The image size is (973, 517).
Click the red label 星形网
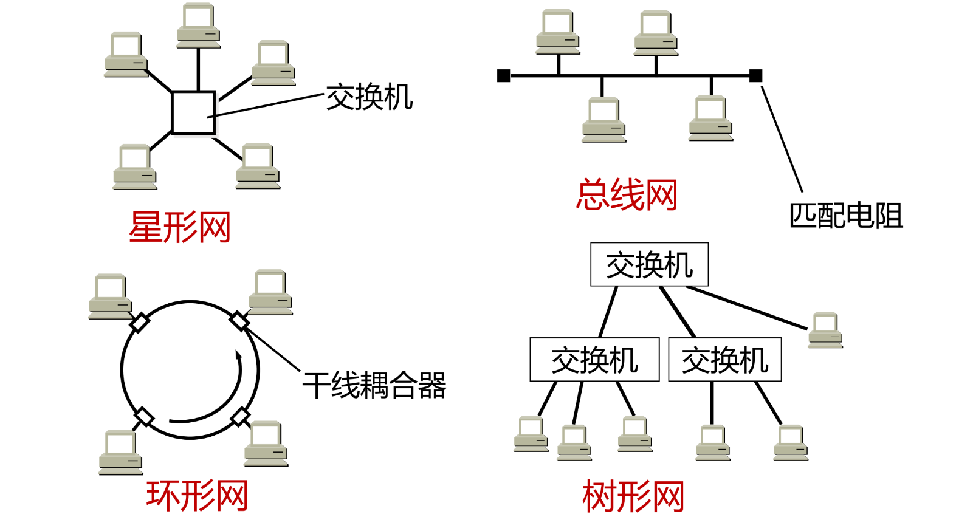tap(180, 227)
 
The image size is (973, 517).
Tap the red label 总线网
tap(627, 195)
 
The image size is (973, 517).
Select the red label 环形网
tap(197, 495)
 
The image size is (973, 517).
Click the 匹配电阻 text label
tap(846, 216)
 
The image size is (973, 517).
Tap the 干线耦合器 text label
tap(374, 385)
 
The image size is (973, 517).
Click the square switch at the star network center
tap(193, 112)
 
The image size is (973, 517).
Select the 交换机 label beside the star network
tap(370, 97)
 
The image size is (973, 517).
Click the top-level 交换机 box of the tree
tap(649, 265)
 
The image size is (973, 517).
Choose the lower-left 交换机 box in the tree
tap(594, 360)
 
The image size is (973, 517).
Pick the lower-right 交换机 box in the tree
tap(724, 360)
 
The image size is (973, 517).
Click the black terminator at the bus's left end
tap(503, 75)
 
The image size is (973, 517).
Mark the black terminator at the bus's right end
tap(755, 75)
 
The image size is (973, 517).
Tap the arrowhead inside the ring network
tap(239, 356)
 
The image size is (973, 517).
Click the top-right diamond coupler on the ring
tap(239, 321)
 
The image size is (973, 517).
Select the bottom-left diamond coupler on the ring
tap(143, 417)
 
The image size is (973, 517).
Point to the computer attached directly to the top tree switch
tap(825, 330)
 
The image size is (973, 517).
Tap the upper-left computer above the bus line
tap(558, 32)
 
